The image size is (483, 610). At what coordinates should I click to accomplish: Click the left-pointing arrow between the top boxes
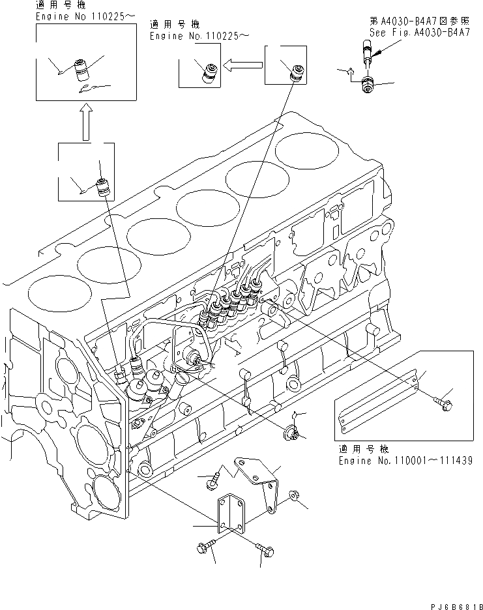point(242,65)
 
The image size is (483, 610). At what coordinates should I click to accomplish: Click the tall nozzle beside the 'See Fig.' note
point(366,51)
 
